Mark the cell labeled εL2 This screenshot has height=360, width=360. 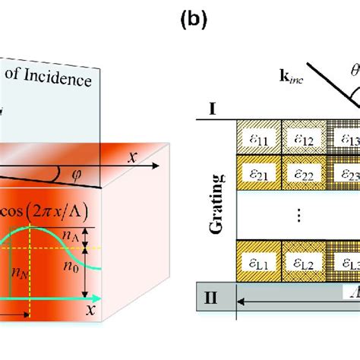point(302,260)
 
